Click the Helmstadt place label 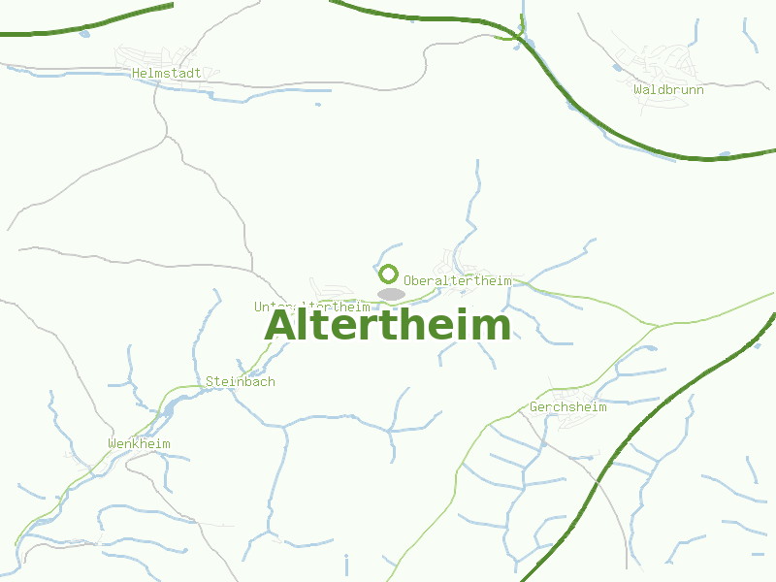tap(166, 73)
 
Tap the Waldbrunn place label tap(668, 89)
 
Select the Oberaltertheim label tap(457, 280)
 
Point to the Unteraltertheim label tap(311, 307)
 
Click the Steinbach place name tap(240, 381)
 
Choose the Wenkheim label tap(139, 444)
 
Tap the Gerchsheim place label tap(567, 407)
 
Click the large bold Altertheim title tap(387, 326)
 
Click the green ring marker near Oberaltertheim tap(388, 274)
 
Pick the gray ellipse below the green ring tap(391, 294)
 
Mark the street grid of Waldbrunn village tap(665, 64)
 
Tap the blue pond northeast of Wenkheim tap(169, 410)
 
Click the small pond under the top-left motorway tap(85, 34)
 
